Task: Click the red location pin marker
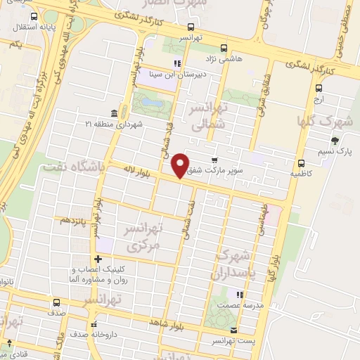click(x=181, y=165)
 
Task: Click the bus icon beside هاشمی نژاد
click(x=224, y=49)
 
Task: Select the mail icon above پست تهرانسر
click(x=233, y=330)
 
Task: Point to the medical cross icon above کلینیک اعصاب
click(x=98, y=259)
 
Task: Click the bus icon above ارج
click(x=319, y=89)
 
